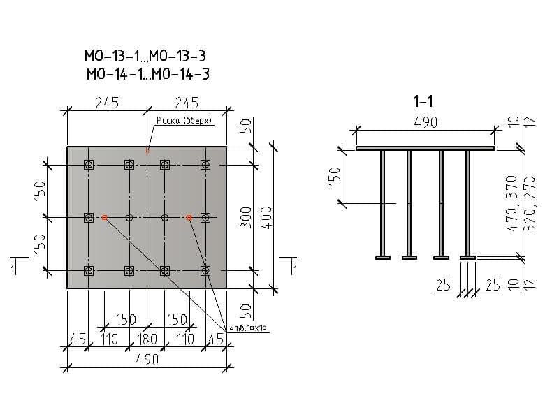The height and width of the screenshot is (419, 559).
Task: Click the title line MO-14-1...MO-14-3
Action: coord(147,74)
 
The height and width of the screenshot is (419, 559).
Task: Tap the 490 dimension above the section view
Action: coord(426,122)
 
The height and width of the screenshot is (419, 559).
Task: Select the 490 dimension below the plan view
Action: coord(147,360)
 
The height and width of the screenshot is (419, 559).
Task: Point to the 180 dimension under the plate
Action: coord(147,340)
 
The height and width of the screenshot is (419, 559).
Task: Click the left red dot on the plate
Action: coord(104,218)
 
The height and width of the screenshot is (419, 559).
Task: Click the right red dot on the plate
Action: coord(189,218)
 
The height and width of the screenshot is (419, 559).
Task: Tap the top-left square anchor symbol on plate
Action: coord(88,165)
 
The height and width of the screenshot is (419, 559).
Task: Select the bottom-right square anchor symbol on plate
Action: coord(205,270)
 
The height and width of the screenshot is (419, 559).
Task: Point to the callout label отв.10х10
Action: coord(249,328)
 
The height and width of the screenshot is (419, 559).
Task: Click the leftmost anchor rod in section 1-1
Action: coord(382,203)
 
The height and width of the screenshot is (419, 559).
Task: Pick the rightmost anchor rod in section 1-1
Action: coord(467,203)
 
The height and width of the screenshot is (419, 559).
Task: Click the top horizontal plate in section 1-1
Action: coord(425,148)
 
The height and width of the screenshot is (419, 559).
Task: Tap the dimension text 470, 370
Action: coord(511,203)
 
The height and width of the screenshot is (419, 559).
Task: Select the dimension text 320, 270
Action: coord(529,203)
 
